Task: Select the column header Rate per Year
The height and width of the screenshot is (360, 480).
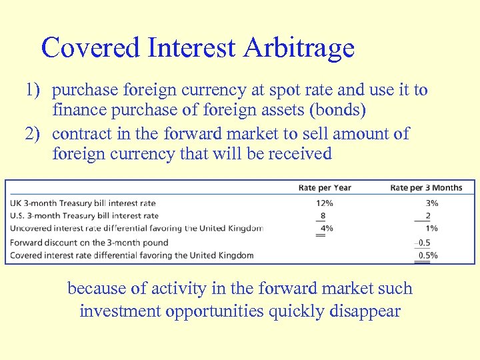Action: (x=325, y=187)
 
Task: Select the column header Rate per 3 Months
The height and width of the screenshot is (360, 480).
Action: (x=426, y=187)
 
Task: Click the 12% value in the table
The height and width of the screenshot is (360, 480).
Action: (x=325, y=203)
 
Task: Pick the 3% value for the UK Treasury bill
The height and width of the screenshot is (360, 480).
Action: (x=432, y=203)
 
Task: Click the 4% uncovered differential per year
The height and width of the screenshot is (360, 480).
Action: (x=327, y=229)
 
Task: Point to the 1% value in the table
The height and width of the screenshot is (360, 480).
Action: (x=432, y=229)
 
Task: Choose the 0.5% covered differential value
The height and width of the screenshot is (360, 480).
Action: (x=428, y=255)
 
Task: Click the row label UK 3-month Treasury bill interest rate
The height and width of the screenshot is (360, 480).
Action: (x=83, y=203)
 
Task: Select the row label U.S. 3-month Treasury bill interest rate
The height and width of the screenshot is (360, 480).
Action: (x=85, y=215)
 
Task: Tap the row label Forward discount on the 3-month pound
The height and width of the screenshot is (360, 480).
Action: (x=89, y=242)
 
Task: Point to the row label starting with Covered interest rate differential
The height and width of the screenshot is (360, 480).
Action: (x=132, y=255)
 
